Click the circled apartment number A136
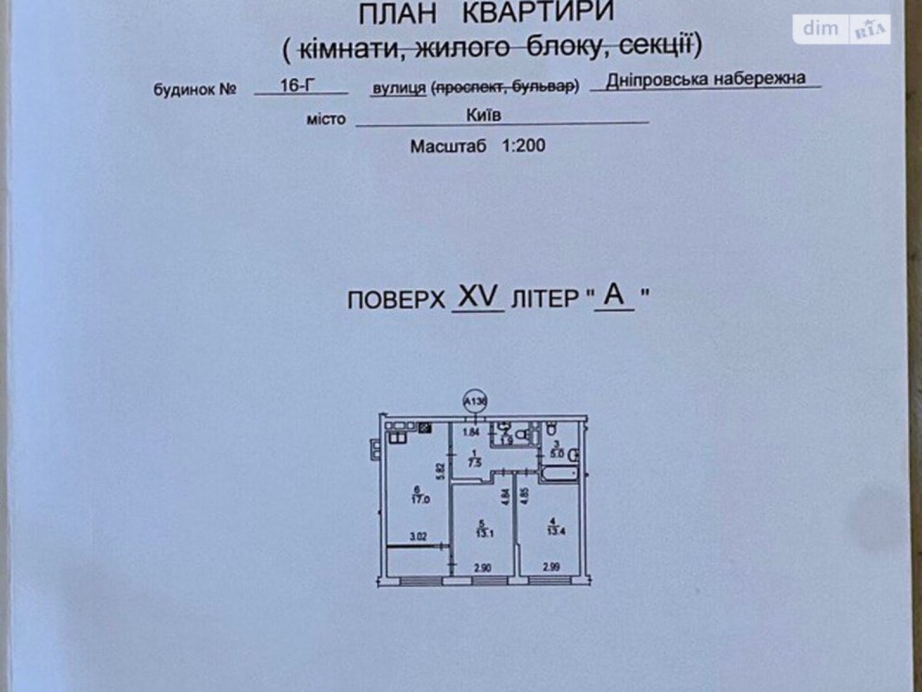(x=475, y=402)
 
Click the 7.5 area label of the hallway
(x=473, y=462)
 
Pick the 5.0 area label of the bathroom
(x=557, y=451)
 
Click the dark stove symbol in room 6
(x=425, y=427)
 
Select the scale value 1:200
(x=522, y=146)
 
